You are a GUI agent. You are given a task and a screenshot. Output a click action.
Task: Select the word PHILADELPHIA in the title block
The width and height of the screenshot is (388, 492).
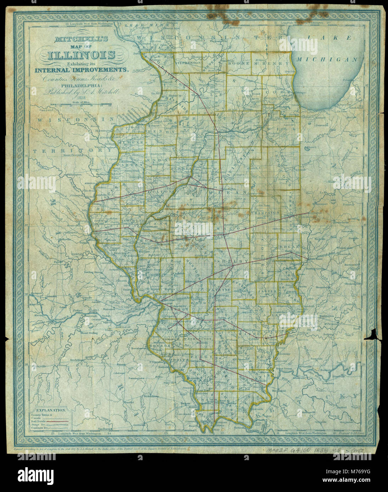click(x=81, y=85)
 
